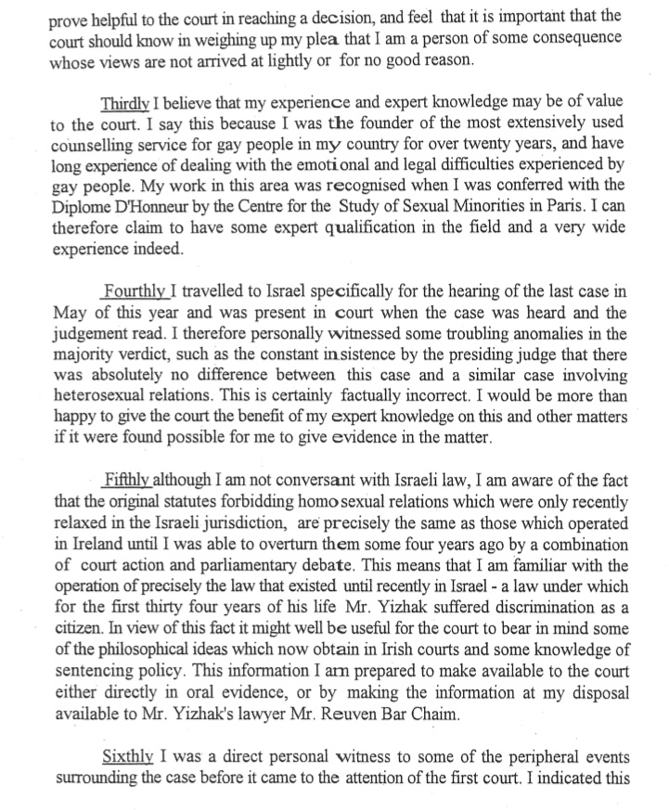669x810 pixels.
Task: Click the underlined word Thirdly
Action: pyautogui.click(x=133, y=100)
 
